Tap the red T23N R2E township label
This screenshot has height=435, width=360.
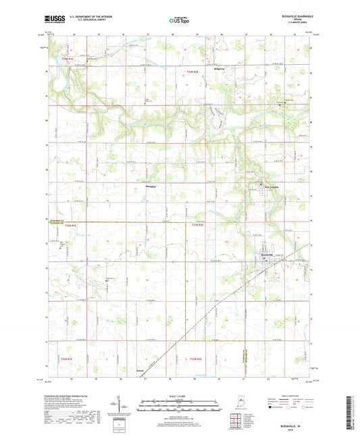(x=198, y=226)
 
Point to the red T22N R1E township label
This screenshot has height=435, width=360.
(x=66, y=358)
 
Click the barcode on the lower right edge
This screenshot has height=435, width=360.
(x=355, y=412)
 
